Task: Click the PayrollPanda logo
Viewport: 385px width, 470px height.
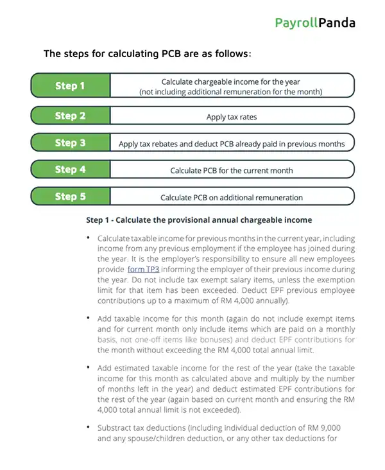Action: tap(314, 23)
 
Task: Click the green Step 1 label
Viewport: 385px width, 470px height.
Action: tap(71, 86)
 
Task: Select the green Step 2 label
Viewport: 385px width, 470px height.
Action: tap(71, 116)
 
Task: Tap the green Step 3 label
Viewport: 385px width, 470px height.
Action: tap(71, 143)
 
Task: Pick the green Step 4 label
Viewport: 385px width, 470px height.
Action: tap(71, 170)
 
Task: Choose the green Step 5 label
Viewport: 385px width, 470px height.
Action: tap(71, 196)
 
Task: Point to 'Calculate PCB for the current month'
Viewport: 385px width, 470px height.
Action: tap(231, 170)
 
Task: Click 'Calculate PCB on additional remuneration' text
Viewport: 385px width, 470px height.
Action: tap(231, 197)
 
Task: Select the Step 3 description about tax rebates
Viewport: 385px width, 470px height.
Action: tap(231, 144)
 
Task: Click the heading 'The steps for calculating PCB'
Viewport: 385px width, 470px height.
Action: tap(147, 54)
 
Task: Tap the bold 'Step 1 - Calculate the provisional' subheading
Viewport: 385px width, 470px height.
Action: tap(199, 220)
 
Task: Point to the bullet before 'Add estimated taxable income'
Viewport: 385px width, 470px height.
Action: tap(89, 368)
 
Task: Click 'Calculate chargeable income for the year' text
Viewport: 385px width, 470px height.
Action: tap(231, 82)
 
